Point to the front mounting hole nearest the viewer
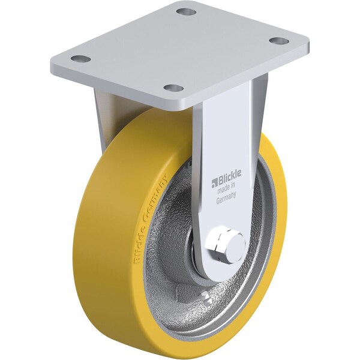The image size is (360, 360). [174, 88]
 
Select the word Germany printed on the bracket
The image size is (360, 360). [226, 202]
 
